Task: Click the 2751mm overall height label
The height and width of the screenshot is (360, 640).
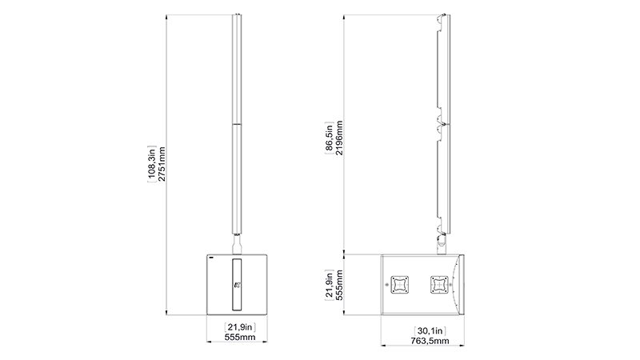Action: (162, 166)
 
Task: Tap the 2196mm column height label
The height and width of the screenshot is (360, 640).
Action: (339, 138)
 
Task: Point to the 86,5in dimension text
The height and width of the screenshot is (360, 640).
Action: (329, 138)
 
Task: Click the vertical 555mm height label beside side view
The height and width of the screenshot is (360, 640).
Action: (339, 284)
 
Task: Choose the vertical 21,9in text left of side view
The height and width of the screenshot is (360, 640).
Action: (329, 284)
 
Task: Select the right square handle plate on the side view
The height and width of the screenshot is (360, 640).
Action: (438, 284)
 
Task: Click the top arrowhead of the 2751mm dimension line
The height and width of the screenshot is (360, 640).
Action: (166, 14)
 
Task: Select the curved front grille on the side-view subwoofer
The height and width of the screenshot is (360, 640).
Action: (461, 284)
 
